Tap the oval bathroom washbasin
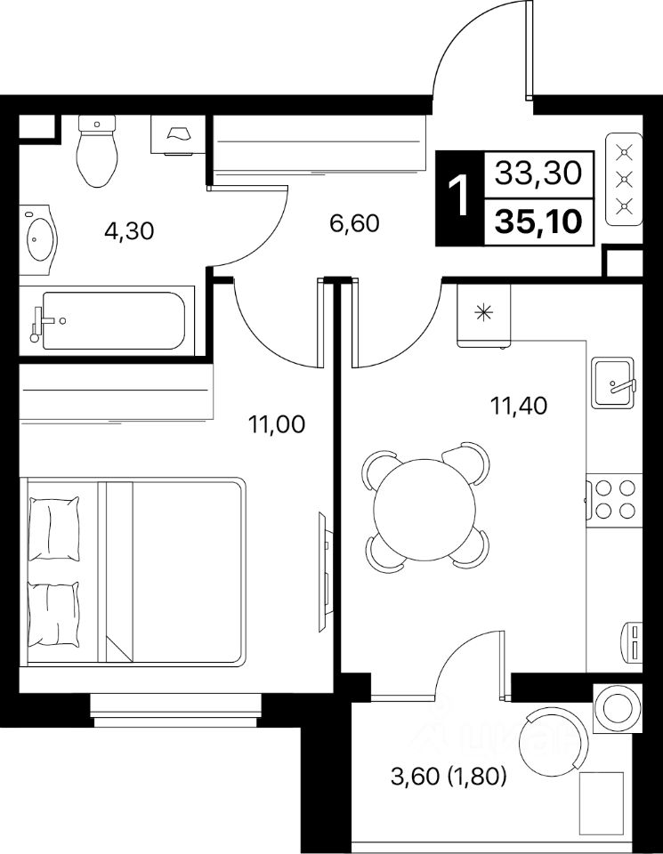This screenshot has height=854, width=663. [38, 239]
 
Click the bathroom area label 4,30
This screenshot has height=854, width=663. [129, 232]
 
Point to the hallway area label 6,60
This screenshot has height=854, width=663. [355, 222]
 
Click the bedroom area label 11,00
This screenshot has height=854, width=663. [276, 424]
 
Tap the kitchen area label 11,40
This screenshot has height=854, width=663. [519, 406]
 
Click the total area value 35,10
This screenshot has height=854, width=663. [538, 222]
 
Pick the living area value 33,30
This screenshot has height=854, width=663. [538, 173]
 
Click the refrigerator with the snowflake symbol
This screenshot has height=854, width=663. [484, 315]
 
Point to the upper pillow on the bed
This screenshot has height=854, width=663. [53, 528]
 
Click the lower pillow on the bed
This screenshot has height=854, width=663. [53, 615]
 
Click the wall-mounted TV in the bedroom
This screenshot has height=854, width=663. [324, 572]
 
